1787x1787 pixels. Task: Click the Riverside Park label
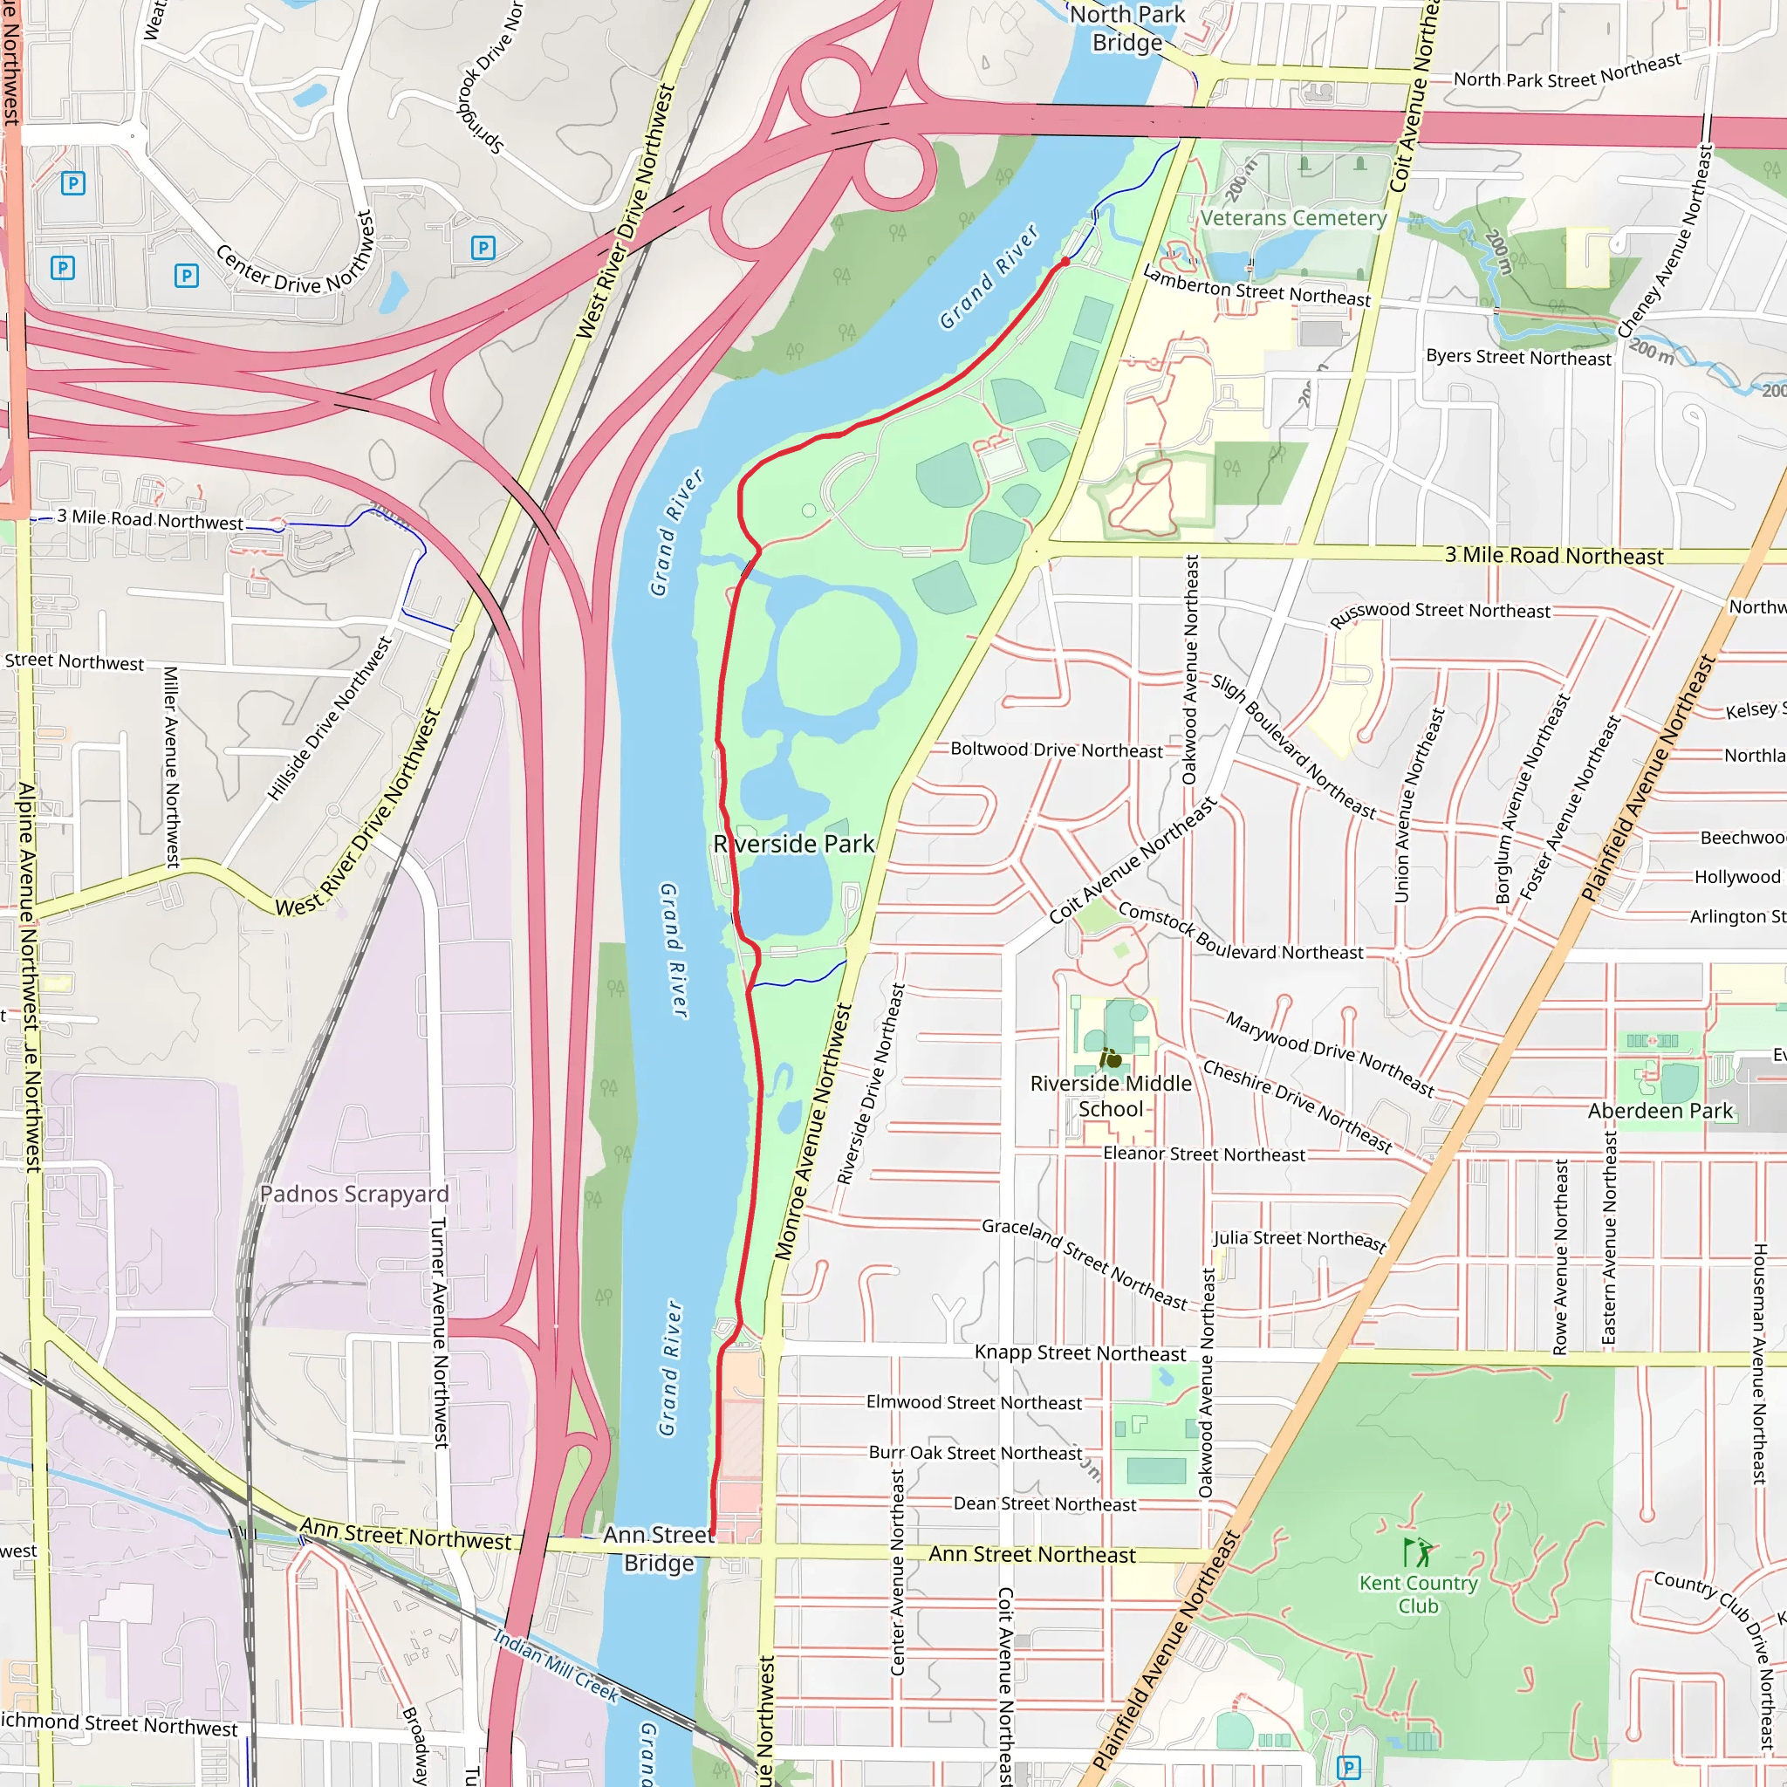(794, 844)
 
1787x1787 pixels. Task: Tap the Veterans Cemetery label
(1293, 218)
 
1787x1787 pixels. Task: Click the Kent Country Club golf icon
(1418, 1551)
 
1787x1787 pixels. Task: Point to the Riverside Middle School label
(1111, 1095)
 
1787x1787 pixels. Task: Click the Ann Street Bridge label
(659, 1549)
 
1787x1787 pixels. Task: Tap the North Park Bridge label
(1126, 28)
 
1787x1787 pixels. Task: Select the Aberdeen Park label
(1660, 1110)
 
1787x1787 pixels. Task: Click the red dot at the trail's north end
(1065, 262)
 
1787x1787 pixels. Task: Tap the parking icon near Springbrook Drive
(483, 247)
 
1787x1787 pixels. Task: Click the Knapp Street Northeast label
(1079, 1353)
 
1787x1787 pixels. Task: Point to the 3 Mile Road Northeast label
(1554, 555)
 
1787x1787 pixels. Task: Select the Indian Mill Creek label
(555, 1665)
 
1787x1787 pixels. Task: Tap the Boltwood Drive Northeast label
(1057, 750)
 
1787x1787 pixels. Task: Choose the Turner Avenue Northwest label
(440, 1332)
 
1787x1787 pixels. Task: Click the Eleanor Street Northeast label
(1203, 1154)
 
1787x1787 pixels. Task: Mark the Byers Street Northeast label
(1518, 357)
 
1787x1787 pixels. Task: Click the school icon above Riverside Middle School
(1110, 1058)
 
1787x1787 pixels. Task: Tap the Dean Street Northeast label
(1044, 1504)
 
